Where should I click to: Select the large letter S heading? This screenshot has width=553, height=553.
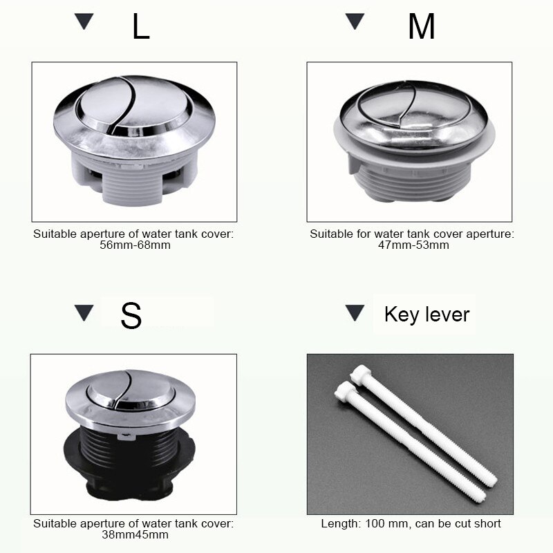pos(131,315)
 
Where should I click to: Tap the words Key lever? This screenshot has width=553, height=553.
pos(427,315)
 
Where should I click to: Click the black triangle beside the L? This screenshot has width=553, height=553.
pos(84,21)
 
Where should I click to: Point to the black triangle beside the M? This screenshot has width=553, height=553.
pos(355,21)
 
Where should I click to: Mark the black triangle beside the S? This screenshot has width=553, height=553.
pos(84,313)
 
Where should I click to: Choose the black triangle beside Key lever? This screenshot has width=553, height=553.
pos(355,313)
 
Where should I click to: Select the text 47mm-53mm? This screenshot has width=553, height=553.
pos(412,245)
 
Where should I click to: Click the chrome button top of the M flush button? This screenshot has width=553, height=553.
pos(414,111)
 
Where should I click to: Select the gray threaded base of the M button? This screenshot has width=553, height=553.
pos(415,181)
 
